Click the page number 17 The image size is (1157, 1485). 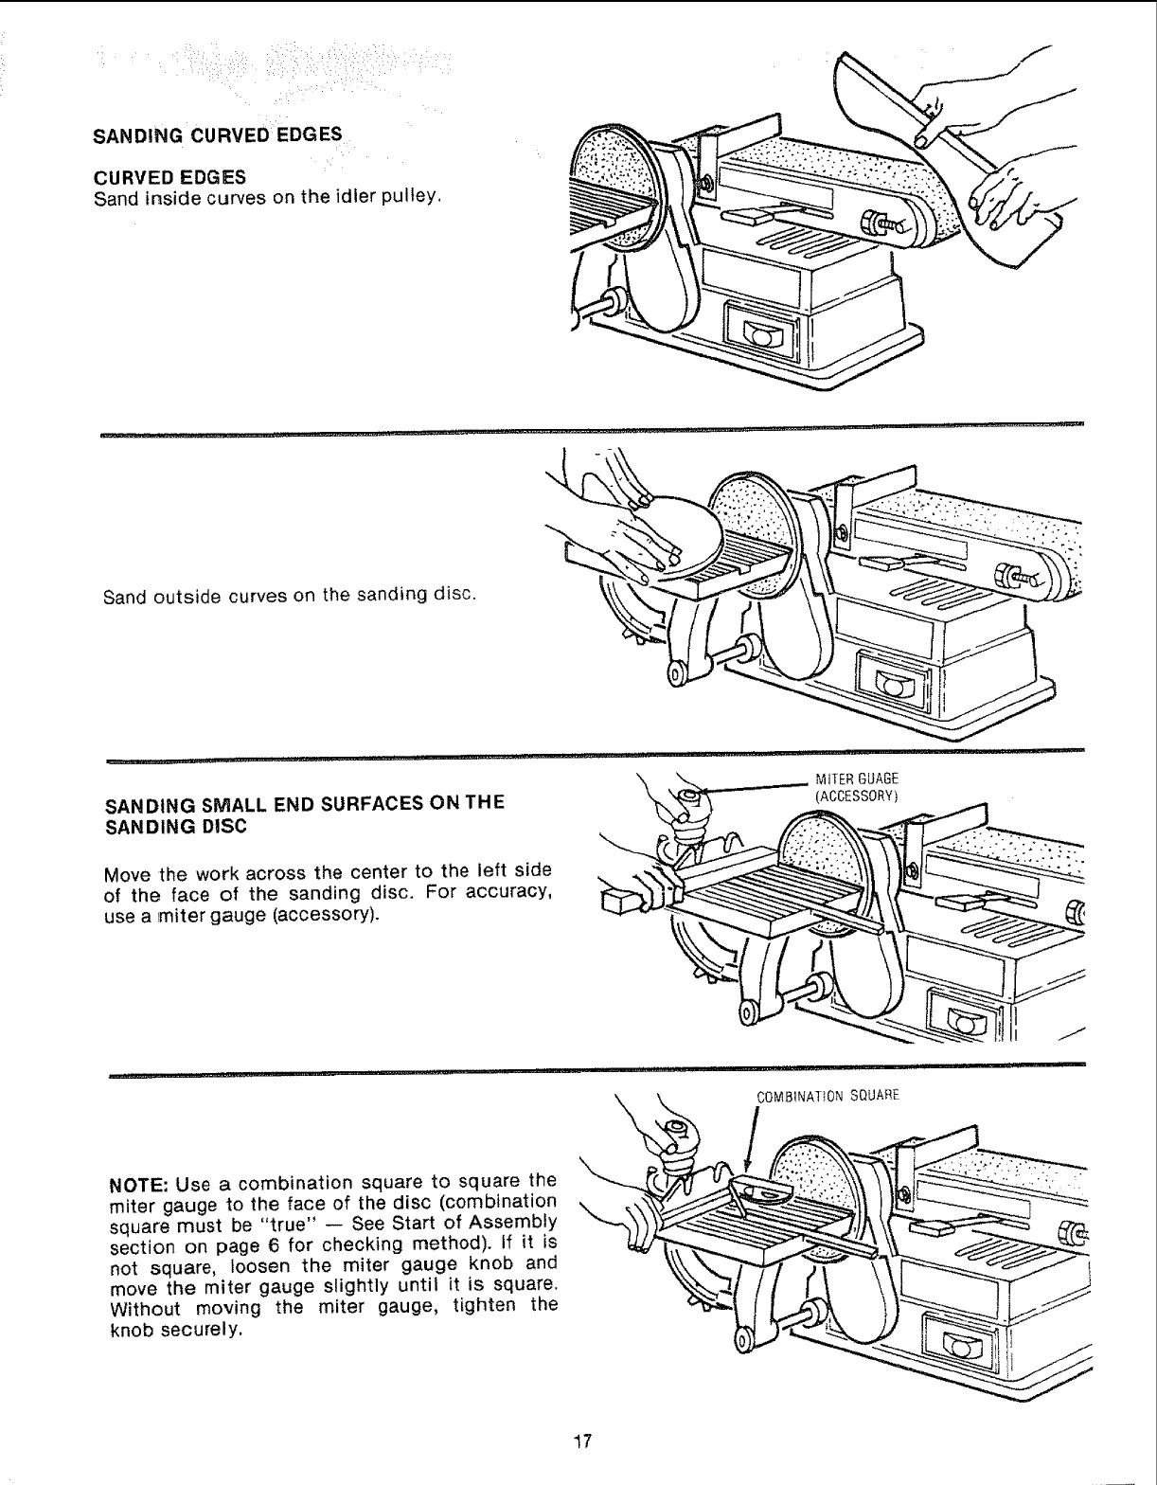point(581,1441)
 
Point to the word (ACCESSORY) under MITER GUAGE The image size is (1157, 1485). point(855,795)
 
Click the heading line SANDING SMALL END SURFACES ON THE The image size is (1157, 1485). point(306,803)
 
